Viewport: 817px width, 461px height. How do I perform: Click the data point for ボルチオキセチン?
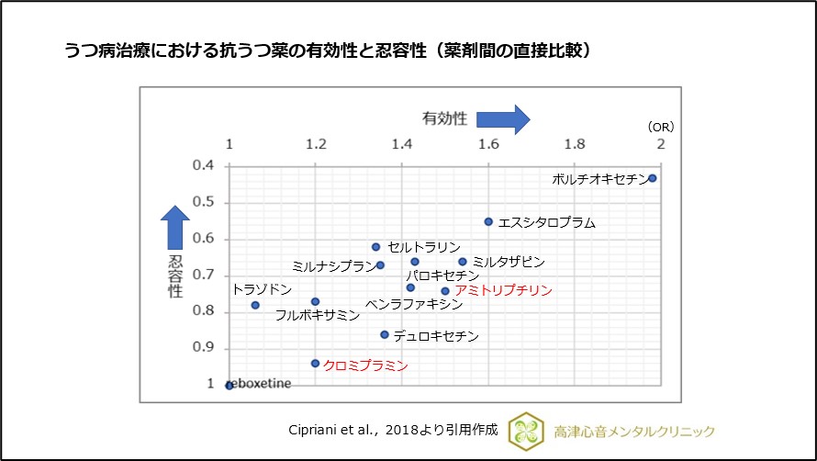click(653, 178)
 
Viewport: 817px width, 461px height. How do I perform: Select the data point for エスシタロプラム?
click(488, 221)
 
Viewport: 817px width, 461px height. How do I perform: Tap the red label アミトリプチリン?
click(504, 290)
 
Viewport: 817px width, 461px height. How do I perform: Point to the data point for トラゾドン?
click(255, 305)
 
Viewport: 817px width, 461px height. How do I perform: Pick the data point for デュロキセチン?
click(385, 334)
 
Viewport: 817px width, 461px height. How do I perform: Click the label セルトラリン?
click(424, 247)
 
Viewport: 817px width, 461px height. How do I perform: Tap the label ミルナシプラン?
click(332, 265)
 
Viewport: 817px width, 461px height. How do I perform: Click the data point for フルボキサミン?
click(315, 301)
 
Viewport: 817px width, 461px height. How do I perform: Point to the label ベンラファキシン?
click(414, 303)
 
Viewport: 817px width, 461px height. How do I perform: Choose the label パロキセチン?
click(443, 275)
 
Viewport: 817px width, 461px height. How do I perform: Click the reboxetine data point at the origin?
click(229, 385)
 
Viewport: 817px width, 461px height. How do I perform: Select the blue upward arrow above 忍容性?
click(175, 225)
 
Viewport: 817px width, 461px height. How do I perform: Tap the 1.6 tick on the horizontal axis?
click(488, 144)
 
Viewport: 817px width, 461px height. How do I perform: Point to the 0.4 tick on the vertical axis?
click(204, 165)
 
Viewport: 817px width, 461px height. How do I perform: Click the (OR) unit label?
click(660, 126)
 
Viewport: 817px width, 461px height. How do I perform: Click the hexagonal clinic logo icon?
click(526, 430)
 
